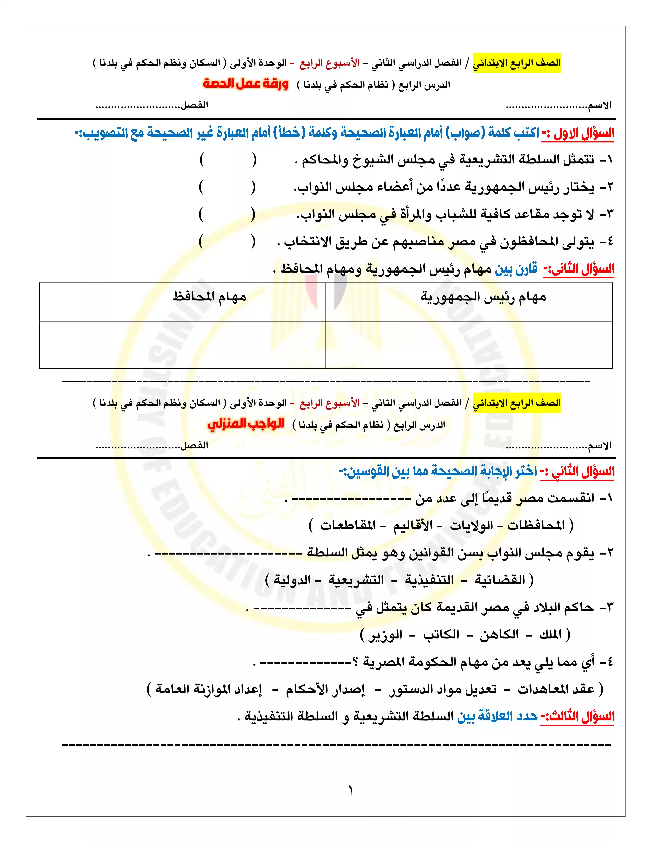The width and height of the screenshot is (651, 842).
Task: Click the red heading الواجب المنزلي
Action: tap(246, 424)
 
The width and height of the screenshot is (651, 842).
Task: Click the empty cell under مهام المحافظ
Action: tap(183, 345)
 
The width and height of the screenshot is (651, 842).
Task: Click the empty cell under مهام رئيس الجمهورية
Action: tap(469, 345)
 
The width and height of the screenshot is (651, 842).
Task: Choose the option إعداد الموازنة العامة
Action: tap(209, 689)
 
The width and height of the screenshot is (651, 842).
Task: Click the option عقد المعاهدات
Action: tap(556, 689)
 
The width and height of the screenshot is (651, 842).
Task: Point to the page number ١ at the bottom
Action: tap(351, 791)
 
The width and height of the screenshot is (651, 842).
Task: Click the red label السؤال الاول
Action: tap(584, 134)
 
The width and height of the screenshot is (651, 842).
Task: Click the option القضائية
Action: tap(500, 580)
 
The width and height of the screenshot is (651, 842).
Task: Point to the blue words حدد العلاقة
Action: tap(498, 717)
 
